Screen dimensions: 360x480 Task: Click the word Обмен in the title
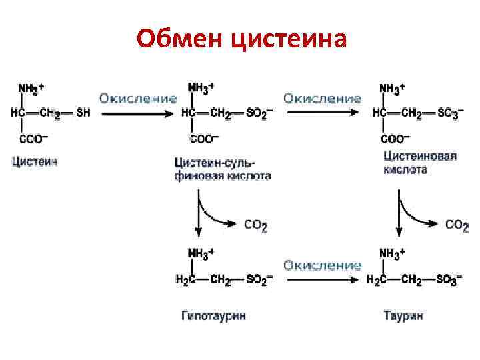click(x=179, y=39)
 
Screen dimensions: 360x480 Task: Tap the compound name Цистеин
click(x=34, y=162)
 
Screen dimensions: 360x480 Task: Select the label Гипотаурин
click(x=213, y=315)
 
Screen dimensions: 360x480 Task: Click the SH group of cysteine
click(x=83, y=113)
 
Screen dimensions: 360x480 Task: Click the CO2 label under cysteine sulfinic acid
click(x=256, y=226)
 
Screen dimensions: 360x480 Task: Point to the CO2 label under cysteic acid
click(x=457, y=225)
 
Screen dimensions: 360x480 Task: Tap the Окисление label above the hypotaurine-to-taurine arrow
click(x=322, y=265)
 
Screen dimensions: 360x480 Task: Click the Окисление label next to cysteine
click(x=138, y=98)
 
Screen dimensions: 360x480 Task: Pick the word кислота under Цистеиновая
click(x=405, y=170)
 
